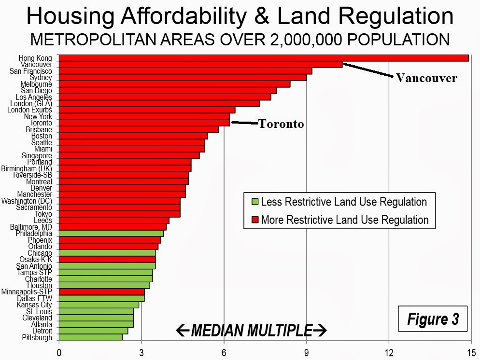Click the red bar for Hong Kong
click(264, 58)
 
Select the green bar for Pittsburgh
click(91, 338)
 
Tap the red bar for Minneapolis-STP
click(102, 292)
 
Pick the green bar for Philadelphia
click(112, 234)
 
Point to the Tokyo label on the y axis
click(43, 214)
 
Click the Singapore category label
click(37, 155)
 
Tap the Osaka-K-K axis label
click(36, 260)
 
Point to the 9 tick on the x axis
click(307, 352)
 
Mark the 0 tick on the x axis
click(59, 352)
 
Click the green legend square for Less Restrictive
click(254, 202)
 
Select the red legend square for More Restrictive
click(254, 220)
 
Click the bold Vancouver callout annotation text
click(426, 78)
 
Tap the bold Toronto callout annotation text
click(281, 124)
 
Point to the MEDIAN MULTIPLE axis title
click(251, 331)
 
